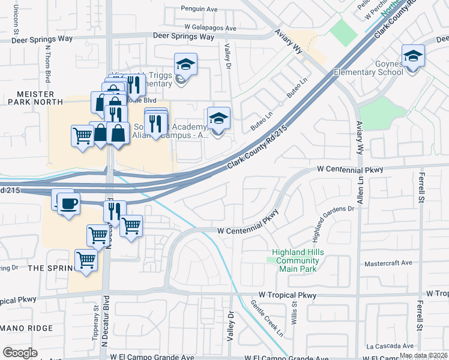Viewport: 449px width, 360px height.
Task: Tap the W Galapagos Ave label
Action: (x=211, y=28)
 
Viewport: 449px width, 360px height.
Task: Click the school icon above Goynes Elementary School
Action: (x=412, y=56)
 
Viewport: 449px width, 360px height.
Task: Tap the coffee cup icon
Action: (x=67, y=203)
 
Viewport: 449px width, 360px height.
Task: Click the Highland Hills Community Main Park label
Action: (x=298, y=260)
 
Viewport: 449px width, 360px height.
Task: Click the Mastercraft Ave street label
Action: (x=389, y=263)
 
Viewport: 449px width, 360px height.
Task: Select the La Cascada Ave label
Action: (x=391, y=346)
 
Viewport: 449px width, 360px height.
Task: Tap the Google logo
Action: (x=20, y=353)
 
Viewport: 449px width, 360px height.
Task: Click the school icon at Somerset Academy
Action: (x=218, y=118)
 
